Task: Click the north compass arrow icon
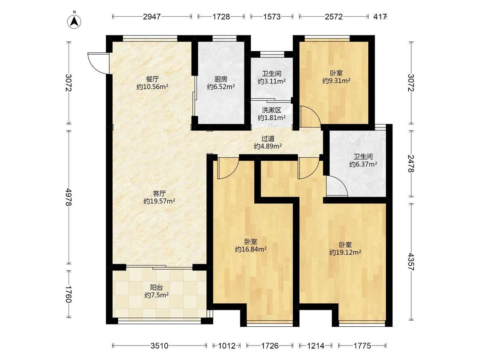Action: point(74,20)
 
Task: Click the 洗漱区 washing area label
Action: point(271,110)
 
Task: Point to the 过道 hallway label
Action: point(268,139)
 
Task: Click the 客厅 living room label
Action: point(159,194)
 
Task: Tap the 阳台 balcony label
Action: point(157,287)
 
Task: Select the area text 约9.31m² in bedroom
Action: point(336,81)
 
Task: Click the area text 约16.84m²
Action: point(251,249)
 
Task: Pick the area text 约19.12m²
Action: point(345,252)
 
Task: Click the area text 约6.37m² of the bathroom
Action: point(363,164)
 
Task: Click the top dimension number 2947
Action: point(152,17)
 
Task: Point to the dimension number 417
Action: point(380,17)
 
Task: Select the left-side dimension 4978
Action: point(69,197)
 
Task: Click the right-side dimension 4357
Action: point(411,261)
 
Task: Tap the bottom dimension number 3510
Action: point(160,345)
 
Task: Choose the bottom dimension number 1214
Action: point(316,345)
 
